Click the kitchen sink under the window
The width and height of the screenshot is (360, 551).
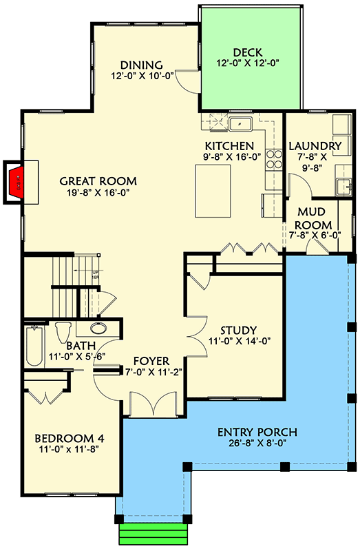pyautogui.click(x=239, y=124)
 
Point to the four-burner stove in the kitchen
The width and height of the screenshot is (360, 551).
pyautogui.click(x=274, y=160)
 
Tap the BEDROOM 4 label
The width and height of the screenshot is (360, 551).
pyautogui.click(x=69, y=438)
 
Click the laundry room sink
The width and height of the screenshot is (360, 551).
pyautogui.click(x=341, y=185)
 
